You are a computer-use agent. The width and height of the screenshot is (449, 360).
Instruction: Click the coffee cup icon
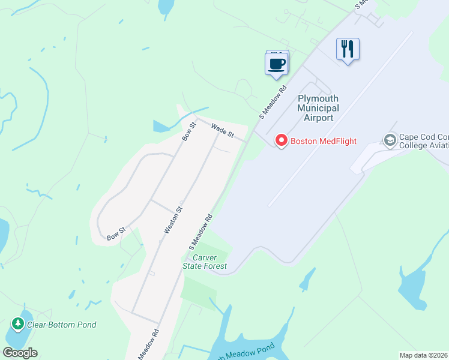coord(276,64)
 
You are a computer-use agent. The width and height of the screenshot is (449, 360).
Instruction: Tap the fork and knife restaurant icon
coord(348,49)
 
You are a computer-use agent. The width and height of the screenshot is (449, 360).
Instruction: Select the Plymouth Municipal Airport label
coord(318,108)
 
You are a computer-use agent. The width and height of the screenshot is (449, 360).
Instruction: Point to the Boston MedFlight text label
coord(324,142)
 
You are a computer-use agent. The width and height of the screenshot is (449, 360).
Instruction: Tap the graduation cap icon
coord(390,140)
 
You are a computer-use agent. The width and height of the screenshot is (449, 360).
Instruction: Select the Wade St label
coord(222,130)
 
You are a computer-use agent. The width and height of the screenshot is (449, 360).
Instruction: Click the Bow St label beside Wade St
coord(189,131)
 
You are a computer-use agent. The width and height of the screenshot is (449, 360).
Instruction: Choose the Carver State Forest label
coord(205,262)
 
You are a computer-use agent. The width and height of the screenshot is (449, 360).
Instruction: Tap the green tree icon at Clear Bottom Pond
coord(18,325)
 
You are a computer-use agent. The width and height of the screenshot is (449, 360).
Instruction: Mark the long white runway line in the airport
coord(340,120)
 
